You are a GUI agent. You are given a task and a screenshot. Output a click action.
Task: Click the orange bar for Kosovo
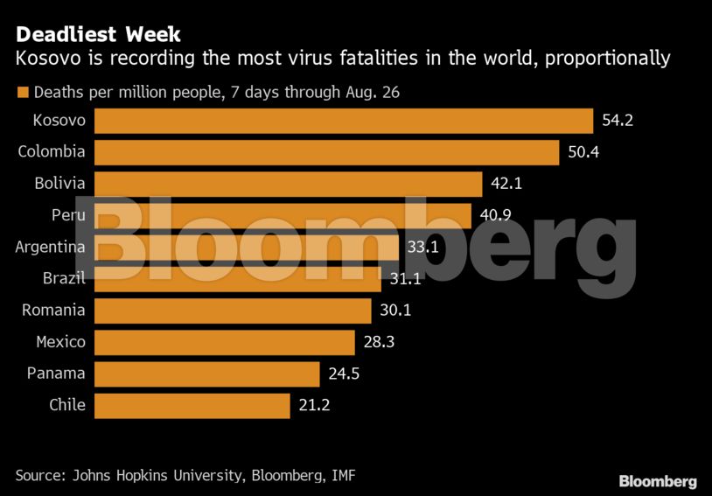(343, 121)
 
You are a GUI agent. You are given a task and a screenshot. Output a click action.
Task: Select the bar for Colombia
(326, 152)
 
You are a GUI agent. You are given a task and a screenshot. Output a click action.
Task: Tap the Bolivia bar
(288, 184)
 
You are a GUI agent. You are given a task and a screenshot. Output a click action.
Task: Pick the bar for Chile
(192, 405)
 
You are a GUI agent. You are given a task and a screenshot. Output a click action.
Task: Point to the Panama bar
(206, 374)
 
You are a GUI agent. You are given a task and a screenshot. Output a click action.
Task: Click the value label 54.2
(617, 121)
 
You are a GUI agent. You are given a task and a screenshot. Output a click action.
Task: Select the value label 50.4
(583, 152)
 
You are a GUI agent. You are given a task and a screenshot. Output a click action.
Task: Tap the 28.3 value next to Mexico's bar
(379, 342)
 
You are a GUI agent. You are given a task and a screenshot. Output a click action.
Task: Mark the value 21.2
(313, 405)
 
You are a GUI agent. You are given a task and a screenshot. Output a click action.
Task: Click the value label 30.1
(395, 311)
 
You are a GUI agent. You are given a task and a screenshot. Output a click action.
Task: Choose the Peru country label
(68, 215)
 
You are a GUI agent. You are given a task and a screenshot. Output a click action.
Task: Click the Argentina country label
(50, 247)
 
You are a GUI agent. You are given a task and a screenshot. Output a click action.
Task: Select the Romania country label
(53, 311)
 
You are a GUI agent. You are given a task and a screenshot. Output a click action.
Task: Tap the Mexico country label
(60, 342)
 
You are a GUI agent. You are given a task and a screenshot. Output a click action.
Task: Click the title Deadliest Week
(98, 35)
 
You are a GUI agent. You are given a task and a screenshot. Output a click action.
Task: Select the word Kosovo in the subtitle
(45, 59)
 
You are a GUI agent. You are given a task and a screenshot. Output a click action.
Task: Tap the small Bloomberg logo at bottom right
(658, 481)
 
